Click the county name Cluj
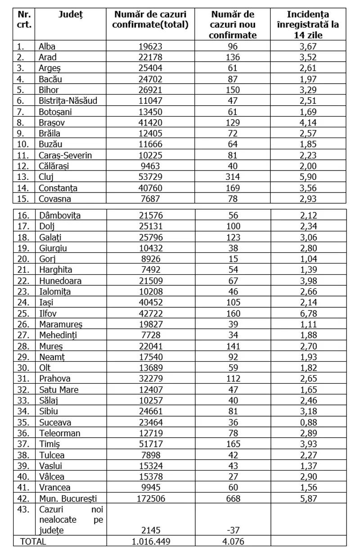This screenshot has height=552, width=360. [x=47, y=177]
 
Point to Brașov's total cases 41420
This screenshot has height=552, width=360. [x=150, y=122]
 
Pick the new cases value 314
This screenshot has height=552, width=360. [x=233, y=177]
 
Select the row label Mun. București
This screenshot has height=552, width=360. [x=68, y=498]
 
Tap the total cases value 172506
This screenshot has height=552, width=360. [x=150, y=498]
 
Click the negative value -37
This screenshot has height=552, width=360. [x=233, y=530]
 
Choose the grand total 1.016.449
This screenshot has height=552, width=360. [x=150, y=541]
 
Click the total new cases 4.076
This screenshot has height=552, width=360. [x=233, y=541]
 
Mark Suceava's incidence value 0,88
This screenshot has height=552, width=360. [x=308, y=422]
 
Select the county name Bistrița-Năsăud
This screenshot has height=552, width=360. [x=68, y=100]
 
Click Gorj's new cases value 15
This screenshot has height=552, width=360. [x=233, y=259]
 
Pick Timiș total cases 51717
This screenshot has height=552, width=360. [x=150, y=444]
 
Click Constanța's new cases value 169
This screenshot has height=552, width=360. [x=233, y=188]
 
